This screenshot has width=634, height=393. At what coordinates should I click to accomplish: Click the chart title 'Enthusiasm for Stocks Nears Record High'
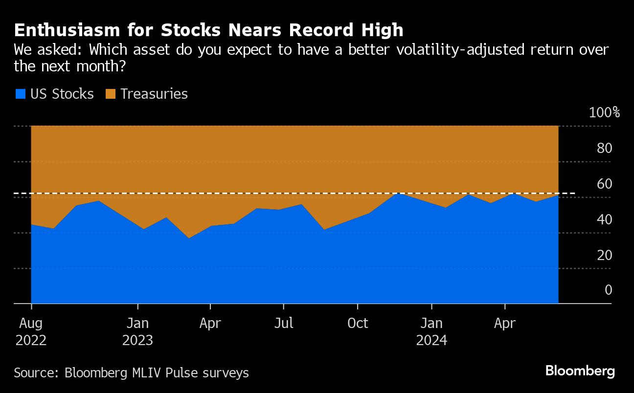point(209,30)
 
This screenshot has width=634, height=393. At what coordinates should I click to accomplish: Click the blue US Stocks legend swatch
point(20,94)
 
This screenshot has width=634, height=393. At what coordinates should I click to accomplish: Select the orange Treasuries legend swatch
point(111,94)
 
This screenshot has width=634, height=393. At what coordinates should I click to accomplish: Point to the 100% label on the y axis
point(604,112)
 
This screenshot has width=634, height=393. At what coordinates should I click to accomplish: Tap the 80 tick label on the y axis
point(605,148)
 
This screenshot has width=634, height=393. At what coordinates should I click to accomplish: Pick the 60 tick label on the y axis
point(605,184)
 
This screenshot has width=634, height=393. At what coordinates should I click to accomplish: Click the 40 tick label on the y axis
point(605,219)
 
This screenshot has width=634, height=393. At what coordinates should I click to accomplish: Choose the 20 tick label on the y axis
point(605,255)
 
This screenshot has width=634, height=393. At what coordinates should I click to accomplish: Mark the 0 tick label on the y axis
point(608,290)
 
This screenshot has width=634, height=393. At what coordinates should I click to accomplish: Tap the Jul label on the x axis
point(283,324)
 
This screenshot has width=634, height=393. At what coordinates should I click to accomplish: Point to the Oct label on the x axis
point(358,324)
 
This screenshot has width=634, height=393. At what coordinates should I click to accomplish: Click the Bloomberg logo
point(580,371)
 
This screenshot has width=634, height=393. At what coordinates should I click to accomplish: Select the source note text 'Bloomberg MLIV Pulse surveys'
point(157,373)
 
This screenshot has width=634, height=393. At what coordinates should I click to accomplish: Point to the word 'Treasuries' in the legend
point(154,94)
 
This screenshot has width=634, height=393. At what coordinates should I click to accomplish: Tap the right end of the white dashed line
point(574,194)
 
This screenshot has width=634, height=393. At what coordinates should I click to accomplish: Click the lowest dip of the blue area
point(189,238)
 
